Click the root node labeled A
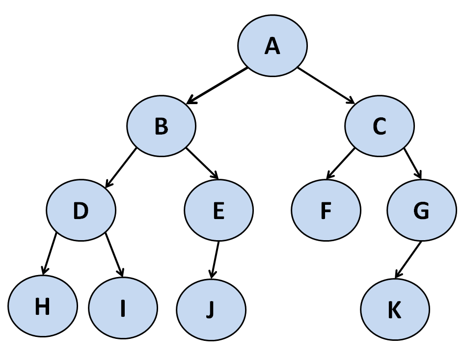273,45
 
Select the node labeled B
162,126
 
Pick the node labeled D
81,210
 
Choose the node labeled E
219,210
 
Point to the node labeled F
326,210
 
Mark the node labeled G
421,210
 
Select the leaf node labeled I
123,308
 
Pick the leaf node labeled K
395,310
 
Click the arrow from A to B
218,85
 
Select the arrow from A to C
326,85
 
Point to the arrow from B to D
121,167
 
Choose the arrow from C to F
340,163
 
